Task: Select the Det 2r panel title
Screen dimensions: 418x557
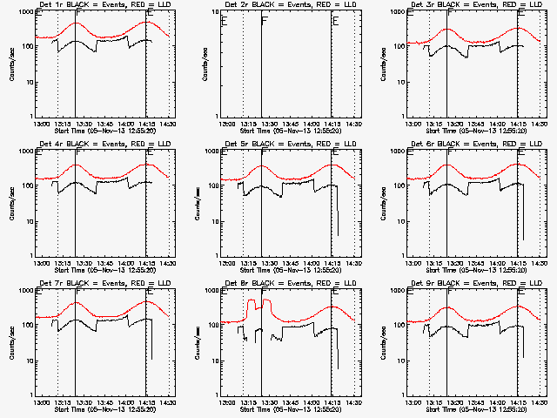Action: pyautogui.click(x=289, y=6)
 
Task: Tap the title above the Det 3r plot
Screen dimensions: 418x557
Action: pyautogui.click(x=475, y=6)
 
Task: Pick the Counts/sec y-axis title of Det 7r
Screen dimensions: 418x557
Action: pyautogui.click(x=11, y=342)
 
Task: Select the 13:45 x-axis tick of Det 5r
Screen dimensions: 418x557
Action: pyautogui.click(x=289, y=262)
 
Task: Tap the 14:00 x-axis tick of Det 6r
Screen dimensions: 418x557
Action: pyautogui.click(x=497, y=262)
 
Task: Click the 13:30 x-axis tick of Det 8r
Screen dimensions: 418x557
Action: pyautogui.click(x=267, y=401)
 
